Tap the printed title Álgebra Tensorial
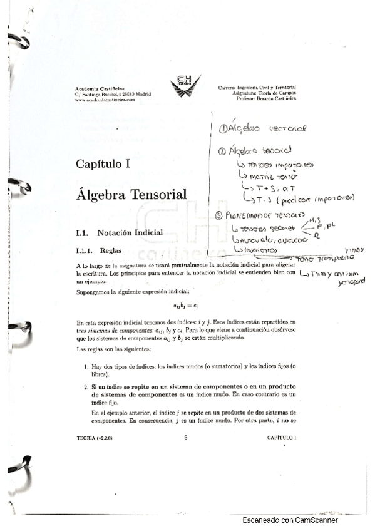click(x=131, y=195)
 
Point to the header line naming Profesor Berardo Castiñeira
click(x=265, y=98)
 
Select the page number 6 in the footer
click(x=186, y=437)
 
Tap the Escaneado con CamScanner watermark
click(x=290, y=520)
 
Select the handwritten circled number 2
click(x=223, y=152)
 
